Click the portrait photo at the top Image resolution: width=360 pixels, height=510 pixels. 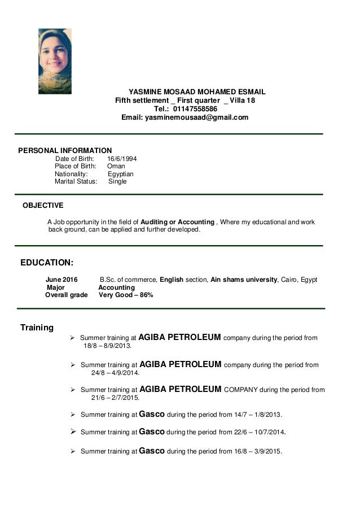pyautogui.click(x=55, y=61)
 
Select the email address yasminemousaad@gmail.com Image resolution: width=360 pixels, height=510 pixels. pyautogui.click(x=196, y=117)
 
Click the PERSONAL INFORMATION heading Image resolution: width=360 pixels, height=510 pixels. pyautogui.click(x=65, y=150)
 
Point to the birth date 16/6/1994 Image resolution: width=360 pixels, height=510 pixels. pyautogui.click(x=122, y=159)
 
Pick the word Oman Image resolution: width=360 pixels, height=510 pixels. pyautogui.click(x=116, y=167)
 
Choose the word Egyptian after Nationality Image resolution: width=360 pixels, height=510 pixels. pyautogui.click(x=120, y=175)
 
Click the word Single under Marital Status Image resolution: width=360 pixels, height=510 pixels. pyautogui.click(x=117, y=182)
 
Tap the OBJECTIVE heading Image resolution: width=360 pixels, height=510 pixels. pyautogui.click(x=43, y=206)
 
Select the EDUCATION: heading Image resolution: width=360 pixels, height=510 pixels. pyautogui.click(x=46, y=263)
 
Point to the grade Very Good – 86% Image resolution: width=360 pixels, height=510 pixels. pyautogui.click(x=126, y=295)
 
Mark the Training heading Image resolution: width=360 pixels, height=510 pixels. pyautogui.click(x=37, y=328)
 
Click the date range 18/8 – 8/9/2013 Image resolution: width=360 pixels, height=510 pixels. pyautogui.click(x=107, y=346)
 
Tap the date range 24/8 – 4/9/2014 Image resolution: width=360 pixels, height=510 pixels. pyautogui.click(x=115, y=373)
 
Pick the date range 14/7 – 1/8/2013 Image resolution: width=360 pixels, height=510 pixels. pyautogui.click(x=257, y=415)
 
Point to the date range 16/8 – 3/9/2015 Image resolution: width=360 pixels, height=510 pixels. pyautogui.click(x=257, y=452)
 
